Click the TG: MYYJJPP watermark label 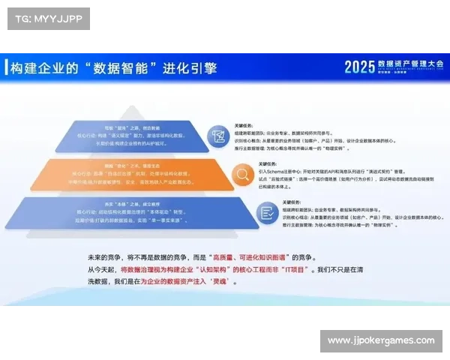[x=48, y=17]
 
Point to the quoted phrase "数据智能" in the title [x=124, y=67]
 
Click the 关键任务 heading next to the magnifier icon [x=269, y=162]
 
